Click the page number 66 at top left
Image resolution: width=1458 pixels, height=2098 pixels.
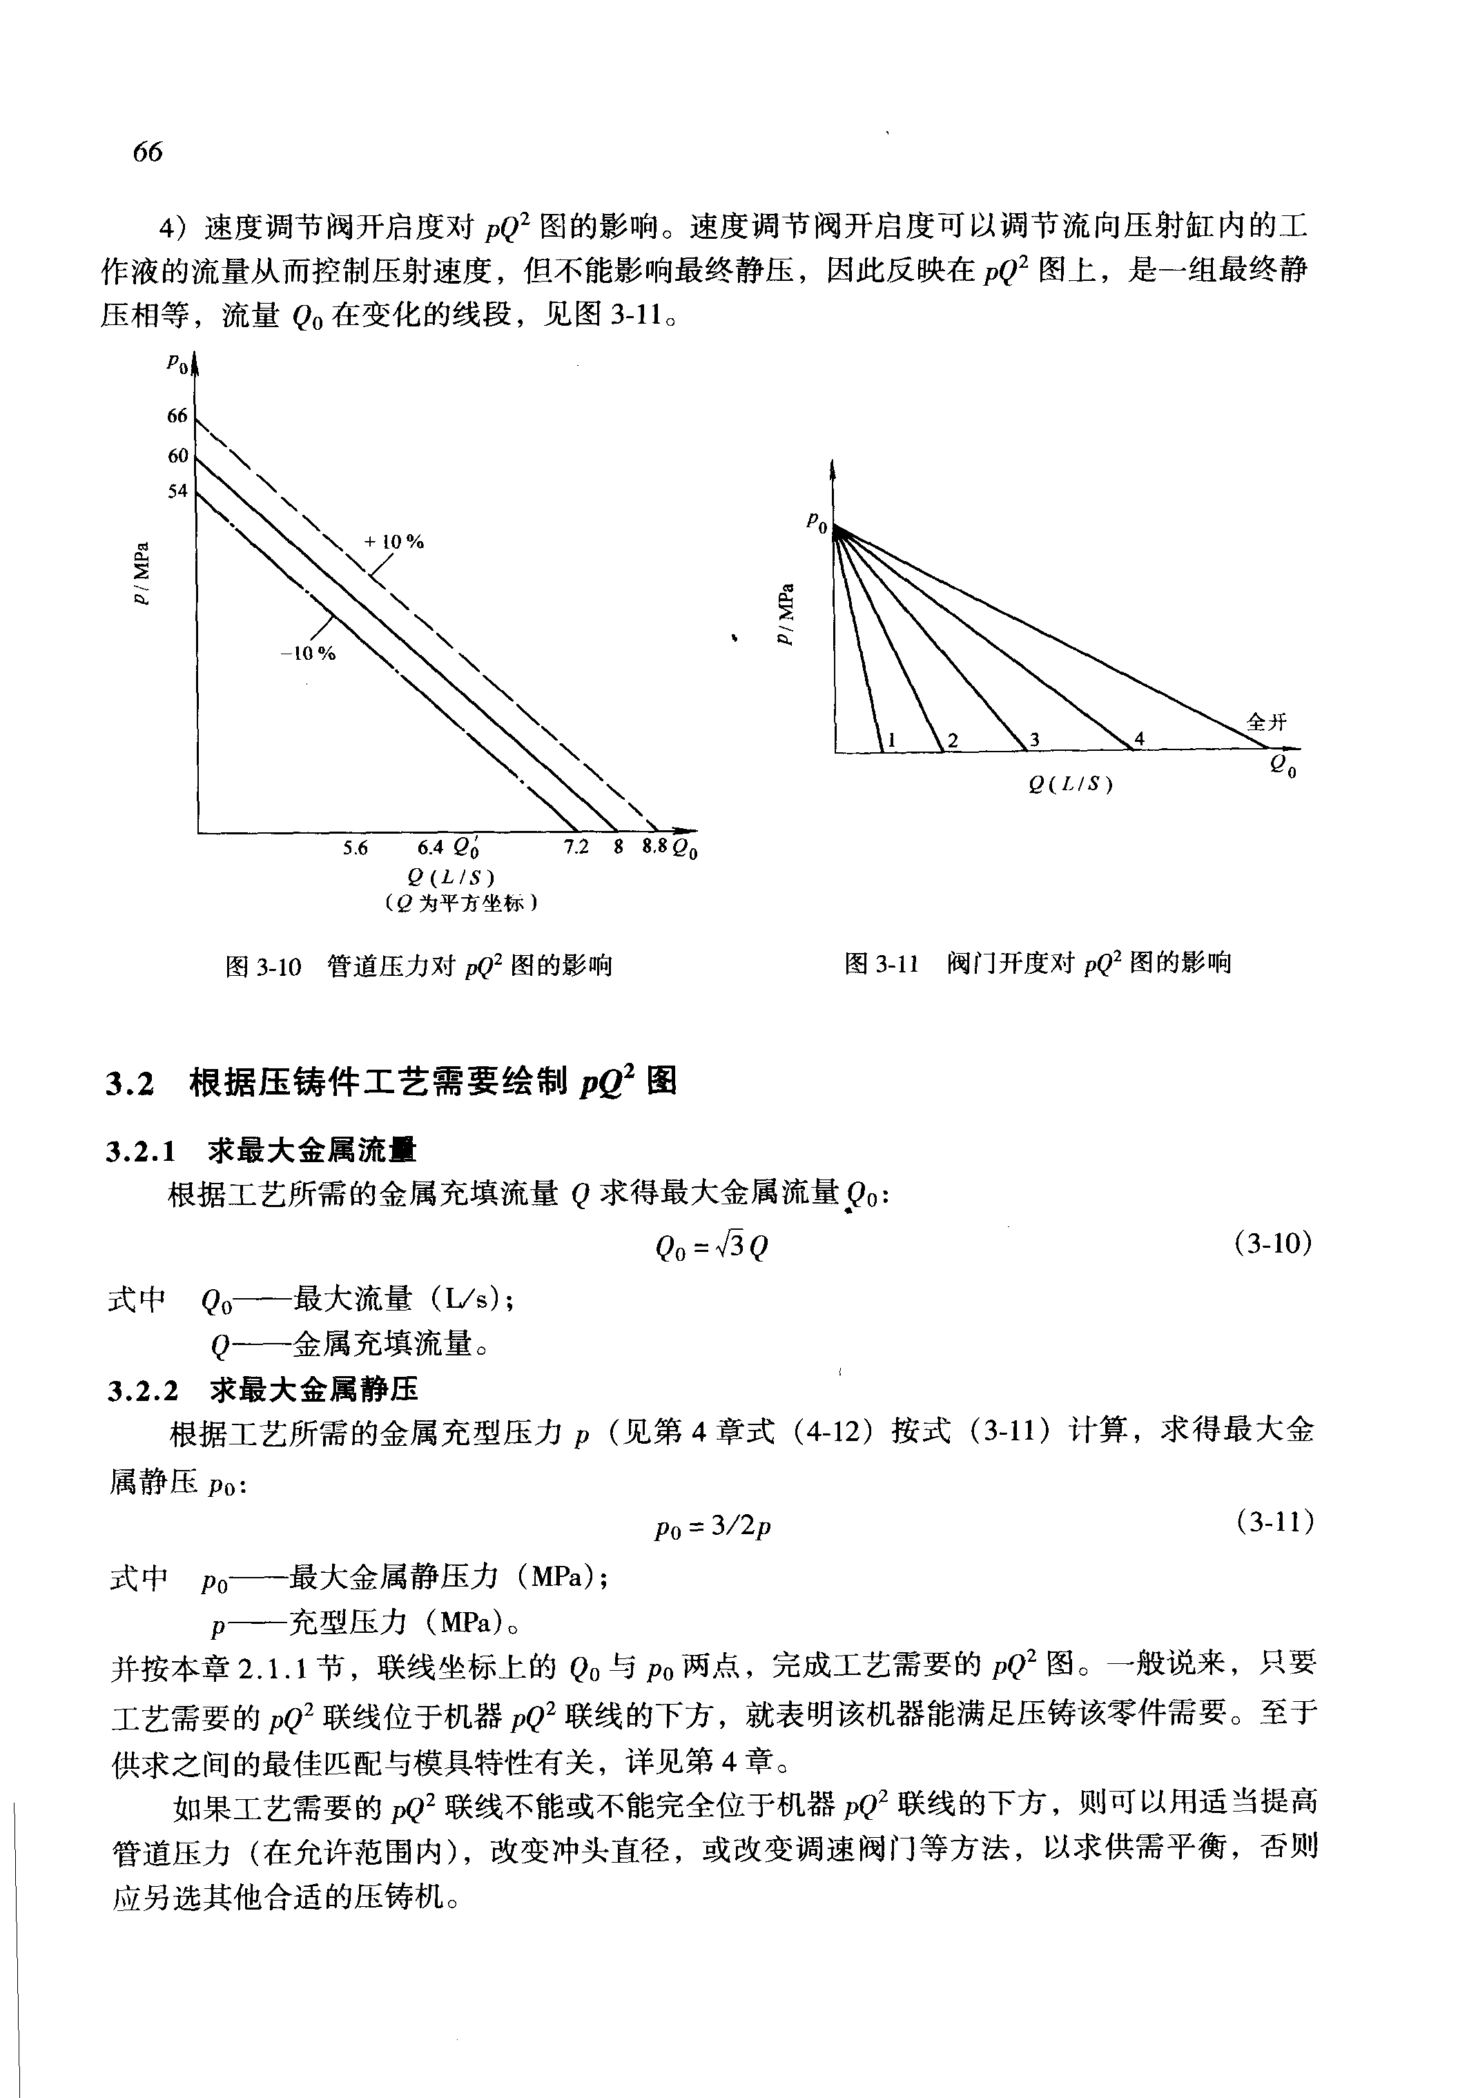tap(147, 152)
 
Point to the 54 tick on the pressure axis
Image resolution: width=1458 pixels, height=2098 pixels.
tap(177, 491)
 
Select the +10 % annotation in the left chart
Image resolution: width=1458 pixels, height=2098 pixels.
tap(393, 542)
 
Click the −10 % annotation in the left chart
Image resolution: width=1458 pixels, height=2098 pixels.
tap(308, 654)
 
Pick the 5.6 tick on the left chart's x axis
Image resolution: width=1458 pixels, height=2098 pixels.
tap(356, 848)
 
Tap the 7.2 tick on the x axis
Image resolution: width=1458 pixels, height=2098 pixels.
tap(576, 847)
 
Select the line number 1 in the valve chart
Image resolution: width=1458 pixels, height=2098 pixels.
tap(892, 741)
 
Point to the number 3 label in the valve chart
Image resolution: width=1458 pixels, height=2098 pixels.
tap(1035, 740)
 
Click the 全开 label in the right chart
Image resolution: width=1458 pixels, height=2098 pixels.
tap(1266, 723)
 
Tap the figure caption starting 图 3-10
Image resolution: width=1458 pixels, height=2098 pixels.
tap(418, 966)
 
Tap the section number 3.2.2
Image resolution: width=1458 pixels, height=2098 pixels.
tap(142, 1391)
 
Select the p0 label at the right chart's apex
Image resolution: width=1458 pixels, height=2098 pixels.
tap(817, 524)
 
